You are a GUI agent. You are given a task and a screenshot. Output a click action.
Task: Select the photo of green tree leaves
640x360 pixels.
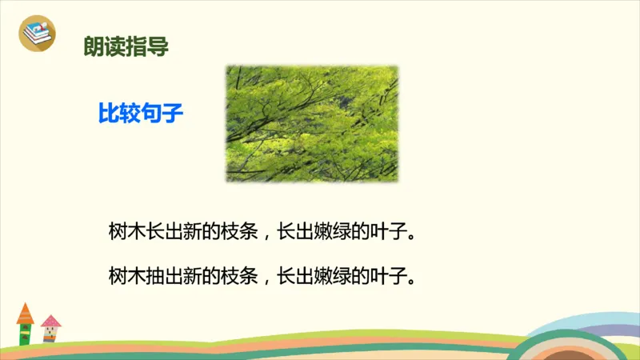[x=311, y=123]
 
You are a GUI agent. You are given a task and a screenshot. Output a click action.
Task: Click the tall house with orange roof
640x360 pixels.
[x=26, y=324]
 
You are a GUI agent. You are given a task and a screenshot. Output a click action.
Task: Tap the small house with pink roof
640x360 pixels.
[x=51, y=329]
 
